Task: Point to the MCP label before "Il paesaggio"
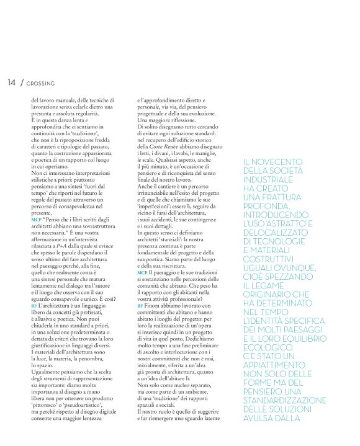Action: [142, 272]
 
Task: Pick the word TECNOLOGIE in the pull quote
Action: [288, 241]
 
